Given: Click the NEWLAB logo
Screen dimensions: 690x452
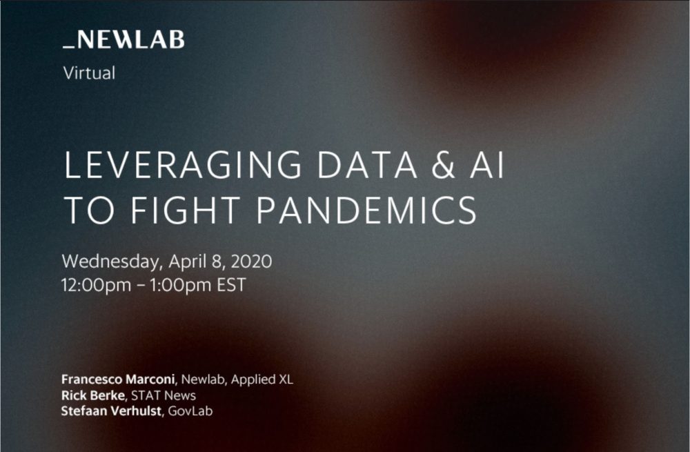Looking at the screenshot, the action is [x=124, y=39].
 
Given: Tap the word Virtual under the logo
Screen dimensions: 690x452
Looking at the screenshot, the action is [x=89, y=73].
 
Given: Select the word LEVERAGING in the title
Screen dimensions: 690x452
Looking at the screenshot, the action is [x=183, y=165].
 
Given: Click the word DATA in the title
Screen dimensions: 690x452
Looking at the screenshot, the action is [x=367, y=165].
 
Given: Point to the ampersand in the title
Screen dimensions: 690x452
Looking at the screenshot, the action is [x=443, y=165].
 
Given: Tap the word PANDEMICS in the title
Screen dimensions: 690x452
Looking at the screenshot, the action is [x=366, y=210].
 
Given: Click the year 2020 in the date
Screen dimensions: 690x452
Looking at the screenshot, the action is [x=251, y=262].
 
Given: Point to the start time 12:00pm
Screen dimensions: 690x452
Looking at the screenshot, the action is [x=97, y=285].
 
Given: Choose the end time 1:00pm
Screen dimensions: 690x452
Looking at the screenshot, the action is [x=180, y=285].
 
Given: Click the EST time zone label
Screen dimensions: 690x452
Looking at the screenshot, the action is [x=231, y=285].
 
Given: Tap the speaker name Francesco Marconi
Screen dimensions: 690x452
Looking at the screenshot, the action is [x=118, y=380].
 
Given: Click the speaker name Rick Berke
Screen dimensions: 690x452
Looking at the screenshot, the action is [x=93, y=395].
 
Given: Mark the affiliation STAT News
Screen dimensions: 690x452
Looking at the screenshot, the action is [x=164, y=395].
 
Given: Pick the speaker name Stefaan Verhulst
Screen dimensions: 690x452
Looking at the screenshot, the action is [x=111, y=411].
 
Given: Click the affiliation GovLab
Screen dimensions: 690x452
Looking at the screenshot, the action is [x=190, y=411].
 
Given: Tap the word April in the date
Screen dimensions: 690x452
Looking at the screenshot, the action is [x=188, y=262].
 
